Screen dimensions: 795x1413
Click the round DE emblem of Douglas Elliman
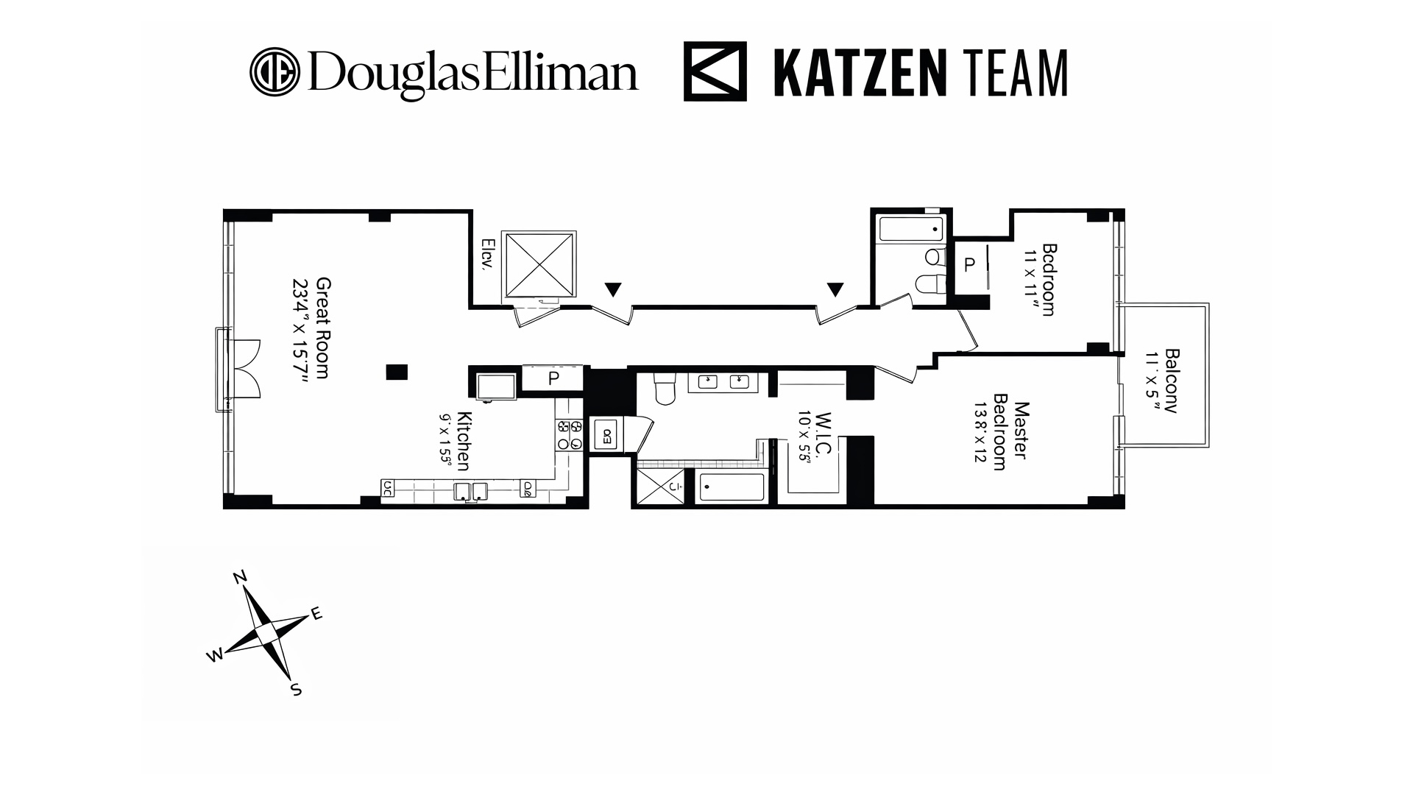pos(275,72)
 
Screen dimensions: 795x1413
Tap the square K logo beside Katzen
pos(715,71)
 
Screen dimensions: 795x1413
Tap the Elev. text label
pos(486,255)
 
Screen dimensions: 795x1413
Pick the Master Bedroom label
pos(1010,436)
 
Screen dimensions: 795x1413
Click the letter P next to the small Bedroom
pos(970,265)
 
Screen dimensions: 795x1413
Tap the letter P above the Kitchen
pos(553,378)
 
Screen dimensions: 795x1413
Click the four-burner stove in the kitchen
pos(569,435)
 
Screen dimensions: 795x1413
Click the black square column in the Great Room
pos(397,372)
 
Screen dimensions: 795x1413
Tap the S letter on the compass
pos(296,690)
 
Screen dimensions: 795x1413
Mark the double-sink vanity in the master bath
pos(718,381)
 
